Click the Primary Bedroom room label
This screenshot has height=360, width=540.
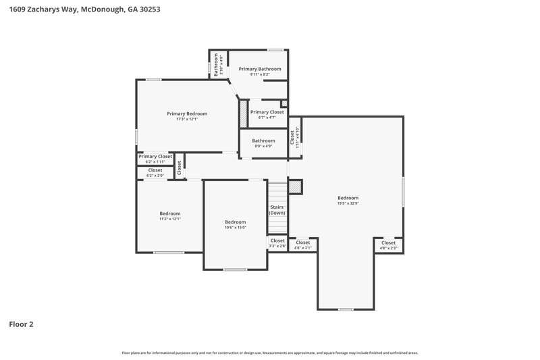pos(187,113)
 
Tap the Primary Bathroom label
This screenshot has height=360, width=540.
pos(260,69)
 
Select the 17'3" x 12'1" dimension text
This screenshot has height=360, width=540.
pos(187,120)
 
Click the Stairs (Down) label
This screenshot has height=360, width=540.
pos(277,209)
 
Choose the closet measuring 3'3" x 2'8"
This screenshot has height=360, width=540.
pos(277,242)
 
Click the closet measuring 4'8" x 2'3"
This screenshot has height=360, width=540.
pos(388,245)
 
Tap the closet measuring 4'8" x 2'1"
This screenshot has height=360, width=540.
pos(303,245)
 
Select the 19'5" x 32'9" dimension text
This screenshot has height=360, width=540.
pos(348,203)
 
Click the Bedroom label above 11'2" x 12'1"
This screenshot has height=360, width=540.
pos(169,213)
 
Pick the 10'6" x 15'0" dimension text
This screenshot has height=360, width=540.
pos(236,228)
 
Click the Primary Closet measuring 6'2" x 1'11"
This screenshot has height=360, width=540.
pos(155,158)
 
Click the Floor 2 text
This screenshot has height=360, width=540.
pos(21,324)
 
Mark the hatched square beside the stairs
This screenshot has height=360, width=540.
pos(294,186)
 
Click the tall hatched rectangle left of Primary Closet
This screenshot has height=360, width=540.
pos(244,113)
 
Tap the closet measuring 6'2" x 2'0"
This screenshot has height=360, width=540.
pos(155,172)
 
